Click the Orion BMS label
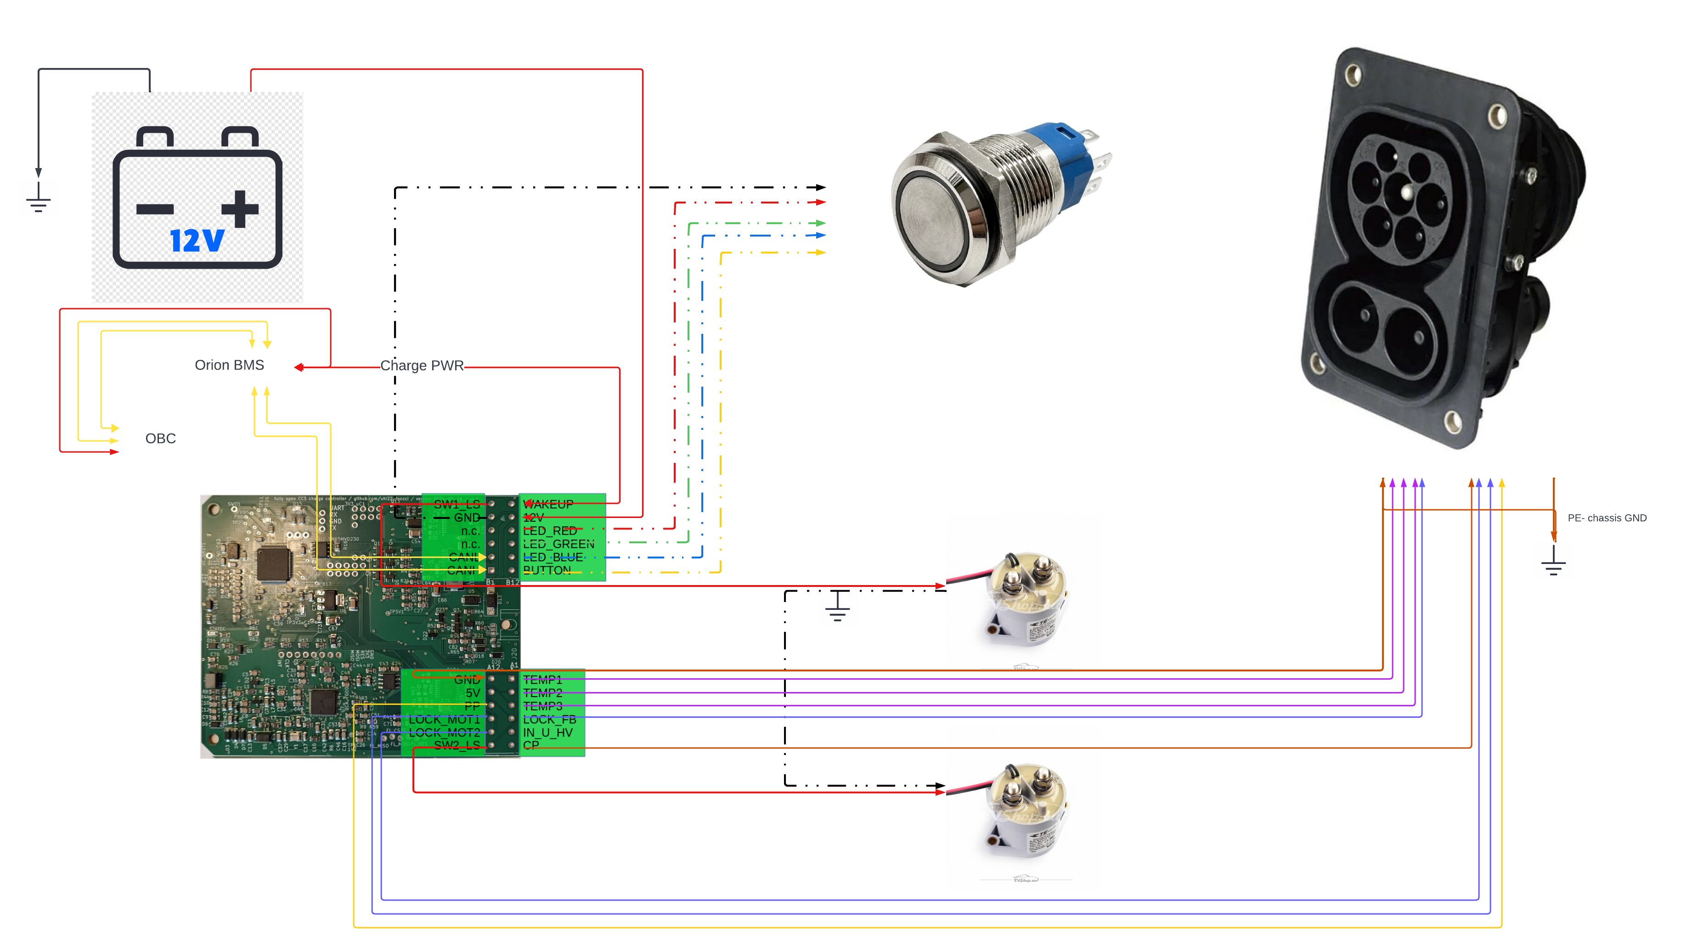[229, 366]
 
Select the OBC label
[161, 439]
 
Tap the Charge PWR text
[422, 366]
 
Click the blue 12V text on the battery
[197, 241]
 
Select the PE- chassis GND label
[1607, 518]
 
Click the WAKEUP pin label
[548, 504]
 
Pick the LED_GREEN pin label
[558, 544]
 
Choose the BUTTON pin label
[547, 570]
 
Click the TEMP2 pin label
[542, 693]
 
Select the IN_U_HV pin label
[547, 732]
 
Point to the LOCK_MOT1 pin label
[444, 720]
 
